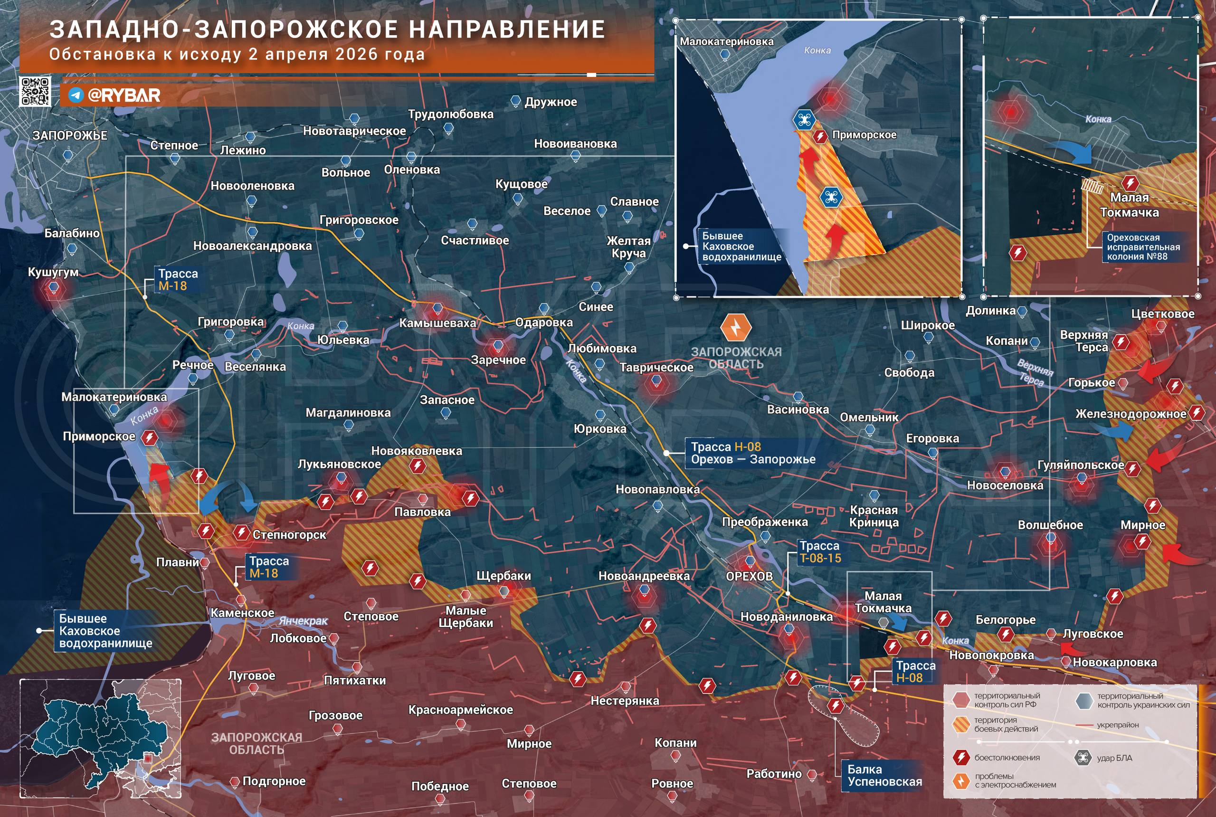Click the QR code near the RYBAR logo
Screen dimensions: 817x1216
point(35,91)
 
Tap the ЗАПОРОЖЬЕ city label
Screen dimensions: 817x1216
point(70,135)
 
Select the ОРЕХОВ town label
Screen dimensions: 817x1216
point(749,576)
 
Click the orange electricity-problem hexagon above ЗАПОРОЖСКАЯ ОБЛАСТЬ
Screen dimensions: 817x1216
point(736,328)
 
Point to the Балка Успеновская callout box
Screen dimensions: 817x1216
point(884,775)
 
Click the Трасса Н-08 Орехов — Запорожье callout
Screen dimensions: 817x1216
point(752,453)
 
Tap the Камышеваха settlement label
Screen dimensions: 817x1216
point(437,323)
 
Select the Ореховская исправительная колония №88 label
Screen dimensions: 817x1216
point(1143,247)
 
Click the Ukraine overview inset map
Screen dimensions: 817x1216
point(100,738)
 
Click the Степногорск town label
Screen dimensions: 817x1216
point(289,534)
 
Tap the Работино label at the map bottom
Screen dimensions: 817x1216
point(774,774)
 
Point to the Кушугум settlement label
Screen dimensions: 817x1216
point(53,272)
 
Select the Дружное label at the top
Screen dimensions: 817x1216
point(550,102)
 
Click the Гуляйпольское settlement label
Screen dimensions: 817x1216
point(1081,465)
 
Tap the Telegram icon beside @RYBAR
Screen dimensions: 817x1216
point(76,95)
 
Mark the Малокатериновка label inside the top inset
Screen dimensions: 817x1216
point(726,42)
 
